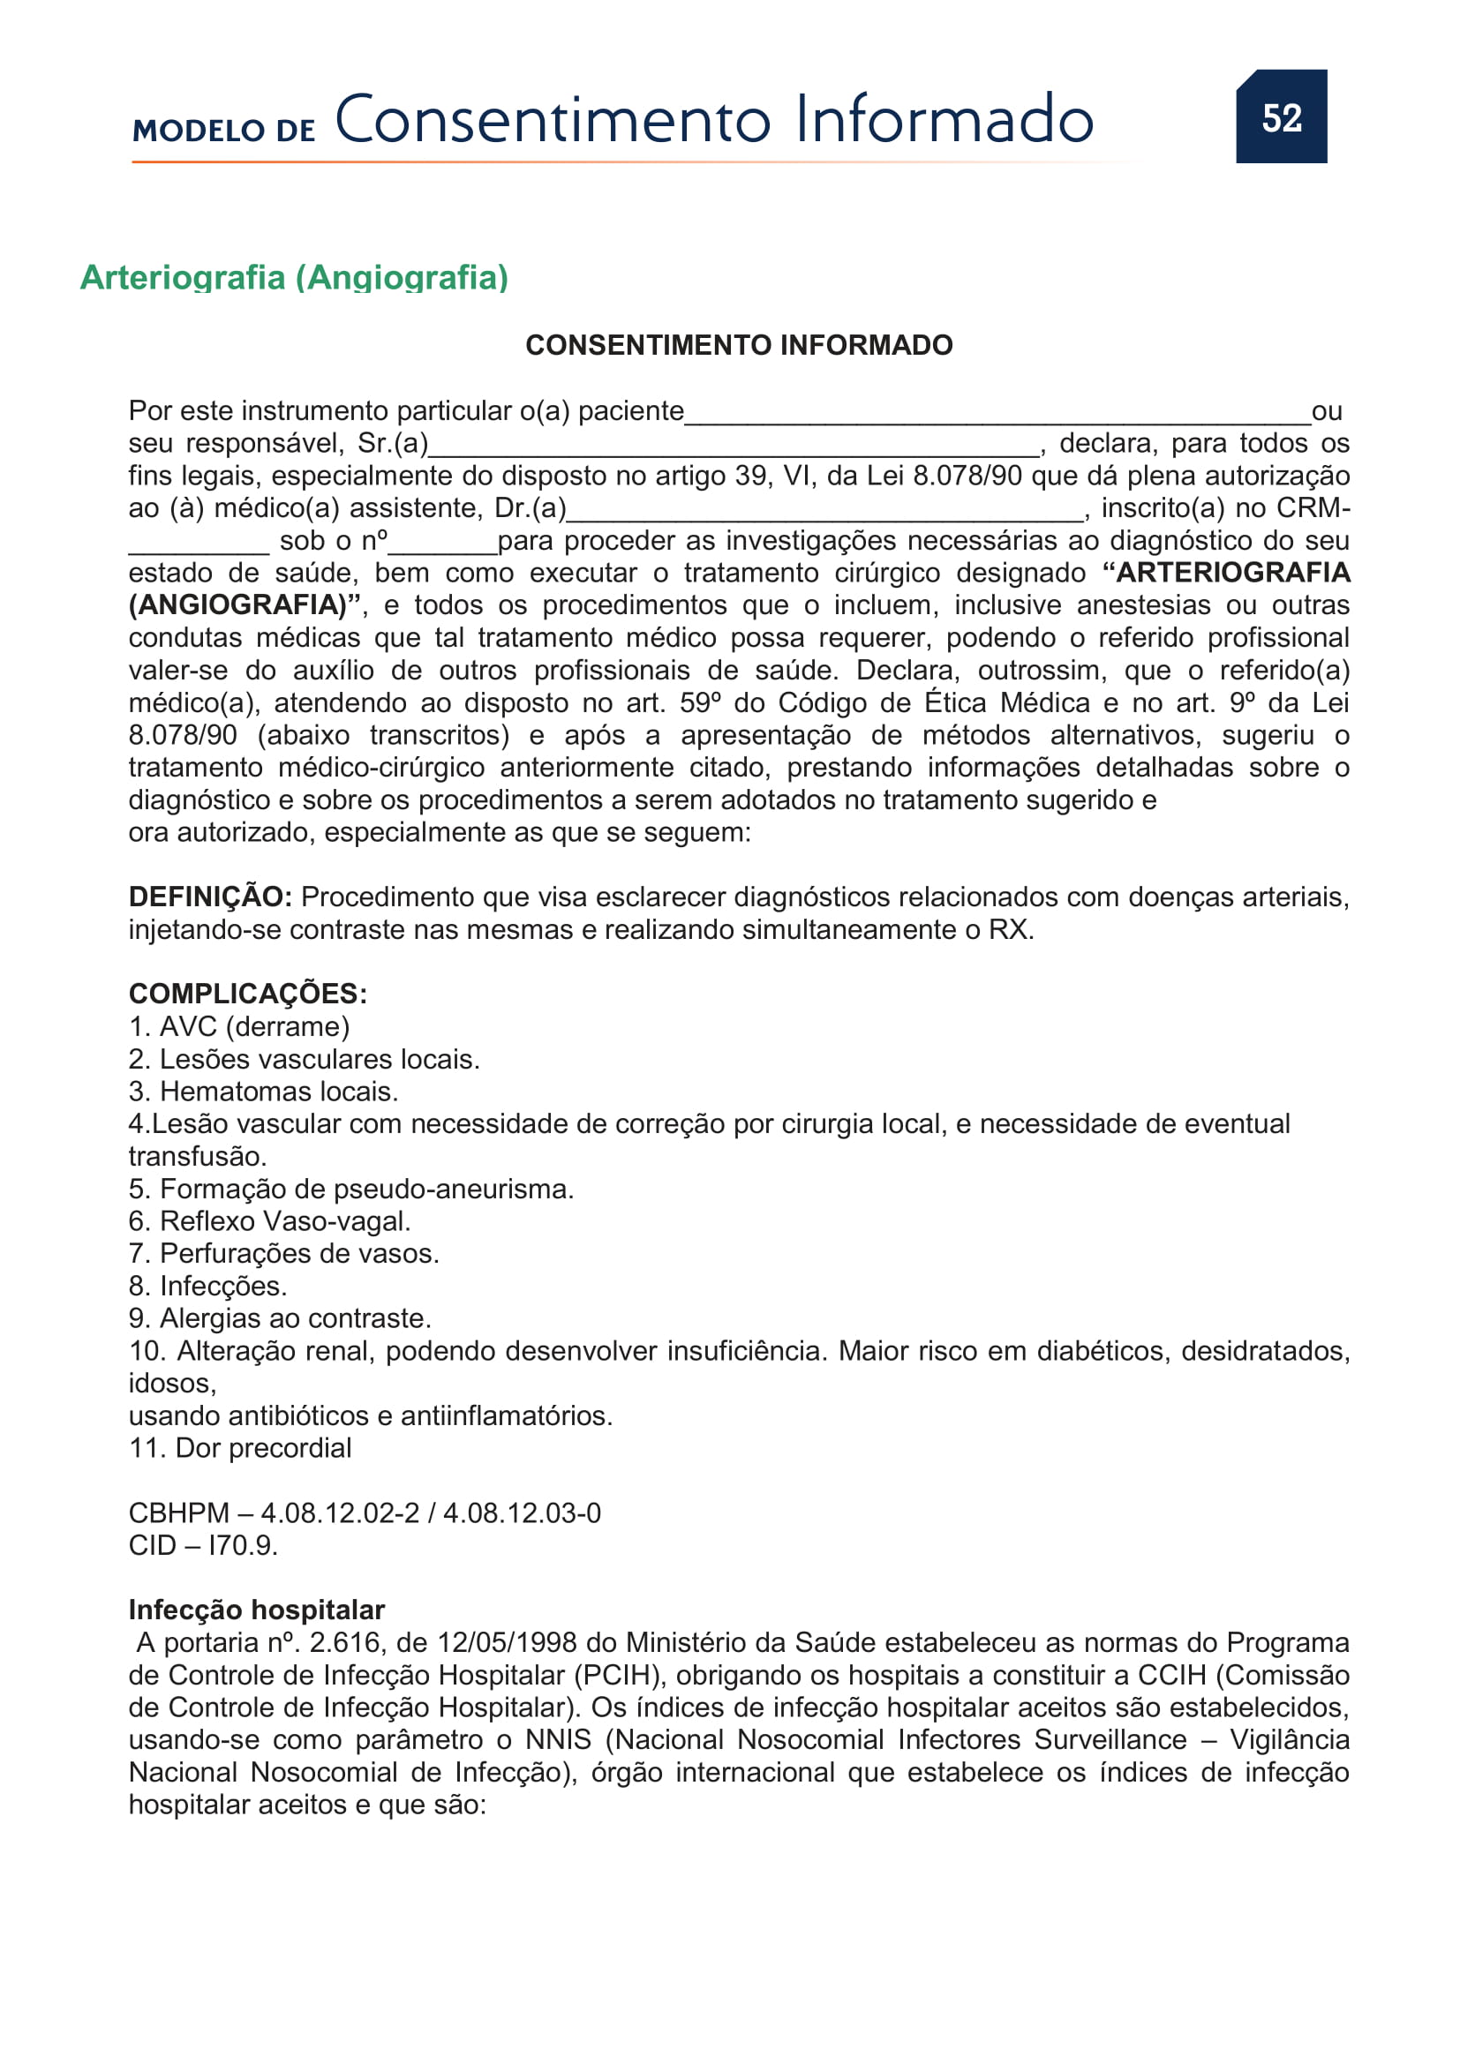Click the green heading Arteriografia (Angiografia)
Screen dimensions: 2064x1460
(294, 277)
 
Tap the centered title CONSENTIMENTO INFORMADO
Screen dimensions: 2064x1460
(738, 345)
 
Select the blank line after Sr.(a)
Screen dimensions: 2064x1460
(733, 447)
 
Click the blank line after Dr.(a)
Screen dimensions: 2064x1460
(824, 513)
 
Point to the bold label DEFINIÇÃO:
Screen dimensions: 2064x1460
(209, 897)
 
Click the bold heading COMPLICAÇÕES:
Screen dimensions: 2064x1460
(247, 994)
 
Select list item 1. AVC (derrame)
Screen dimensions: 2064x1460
(239, 1026)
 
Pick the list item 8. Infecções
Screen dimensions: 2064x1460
(207, 1286)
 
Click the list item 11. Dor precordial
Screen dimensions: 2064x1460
(240, 1447)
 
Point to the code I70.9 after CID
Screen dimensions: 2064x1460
(243, 1545)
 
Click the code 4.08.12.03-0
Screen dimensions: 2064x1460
(522, 1513)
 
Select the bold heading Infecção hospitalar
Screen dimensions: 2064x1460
(256, 1610)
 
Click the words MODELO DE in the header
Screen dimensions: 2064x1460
(224, 131)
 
